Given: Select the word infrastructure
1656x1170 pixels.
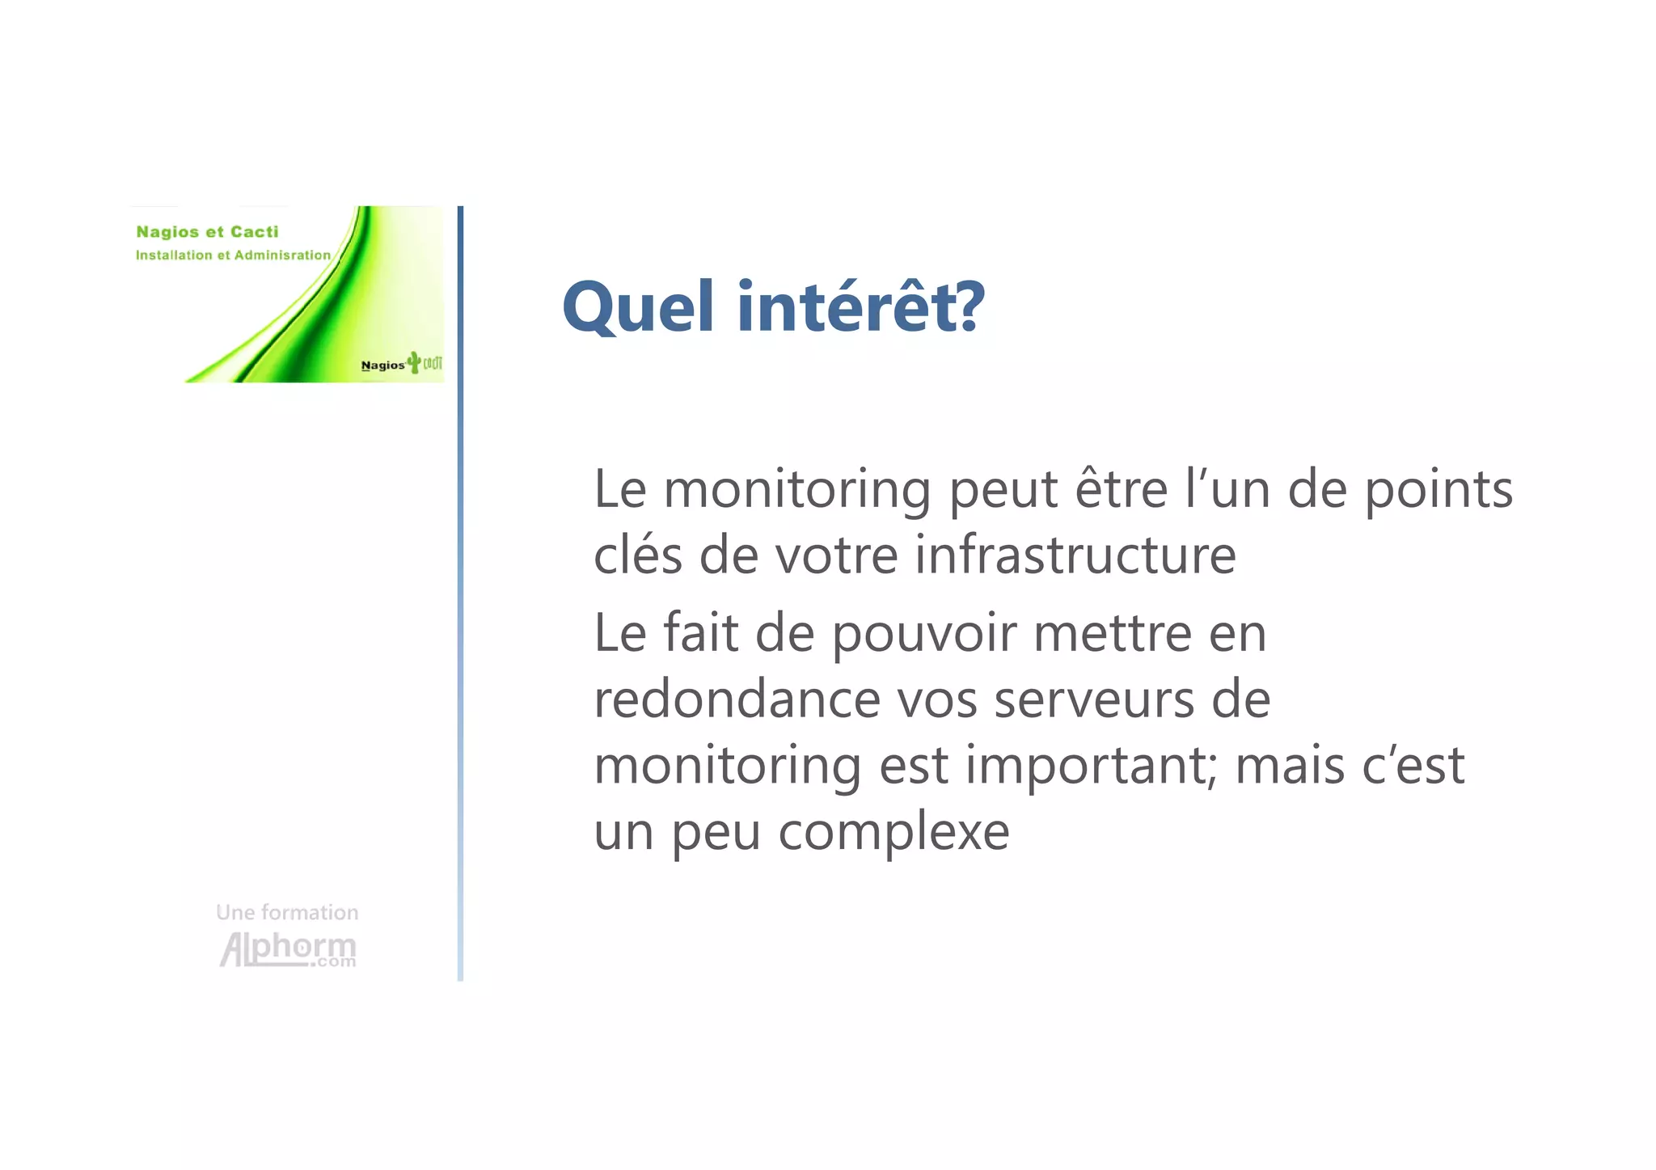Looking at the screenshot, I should (x=1075, y=555).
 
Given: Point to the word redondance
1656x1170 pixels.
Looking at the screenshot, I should (x=737, y=699).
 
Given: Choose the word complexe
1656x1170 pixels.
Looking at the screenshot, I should (x=893, y=832).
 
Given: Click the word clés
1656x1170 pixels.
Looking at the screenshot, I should (x=638, y=555).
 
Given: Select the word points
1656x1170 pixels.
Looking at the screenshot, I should (x=1438, y=491).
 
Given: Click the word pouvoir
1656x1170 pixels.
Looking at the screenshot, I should (x=923, y=634).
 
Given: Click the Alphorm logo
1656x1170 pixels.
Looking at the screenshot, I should (x=288, y=949).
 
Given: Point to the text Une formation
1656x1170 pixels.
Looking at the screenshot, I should (x=287, y=912).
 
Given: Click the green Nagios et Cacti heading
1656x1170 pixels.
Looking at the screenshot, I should (x=207, y=232).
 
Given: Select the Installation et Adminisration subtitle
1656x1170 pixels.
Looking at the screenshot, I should (x=233, y=256).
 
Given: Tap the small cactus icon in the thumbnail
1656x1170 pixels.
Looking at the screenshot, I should (x=414, y=361).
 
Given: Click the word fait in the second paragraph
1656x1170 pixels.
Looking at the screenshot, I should (x=700, y=633).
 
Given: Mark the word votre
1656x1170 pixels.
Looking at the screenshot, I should (x=836, y=555).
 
